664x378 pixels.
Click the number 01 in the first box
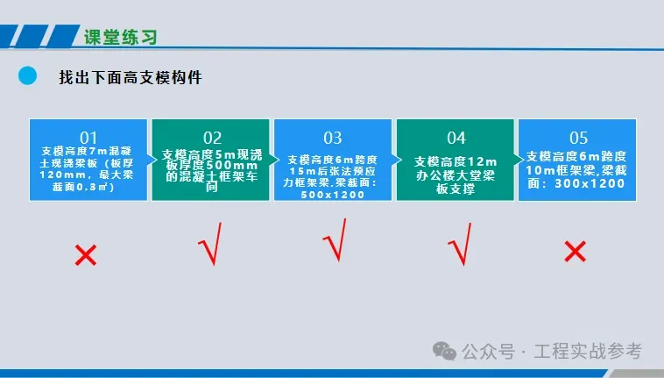[x=88, y=138]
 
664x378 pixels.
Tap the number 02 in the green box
[x=212, y=139]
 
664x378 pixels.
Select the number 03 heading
[x=332, y=139]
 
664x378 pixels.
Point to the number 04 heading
[x=456, y=139]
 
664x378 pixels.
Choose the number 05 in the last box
[x=578, y=139]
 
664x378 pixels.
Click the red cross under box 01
[x=86, y=254]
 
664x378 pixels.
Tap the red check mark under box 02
[x=210, y=244]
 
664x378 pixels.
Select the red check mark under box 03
[x=335, y=239]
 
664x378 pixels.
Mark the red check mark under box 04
[x=460, y=244]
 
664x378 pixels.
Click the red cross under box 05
[x=575, y=252]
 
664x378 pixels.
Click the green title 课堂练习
[x=121, y=38]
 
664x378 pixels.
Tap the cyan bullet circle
[x=27, y=75]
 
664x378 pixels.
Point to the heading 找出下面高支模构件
[x=131, y=77]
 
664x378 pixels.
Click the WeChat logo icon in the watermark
[x=444, y=352]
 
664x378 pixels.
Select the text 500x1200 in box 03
[x=332, y=195]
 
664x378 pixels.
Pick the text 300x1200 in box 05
[x=590, y=183]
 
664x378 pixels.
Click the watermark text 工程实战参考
[x=588, y=352]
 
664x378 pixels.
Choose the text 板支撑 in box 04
[x=456, y=189]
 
